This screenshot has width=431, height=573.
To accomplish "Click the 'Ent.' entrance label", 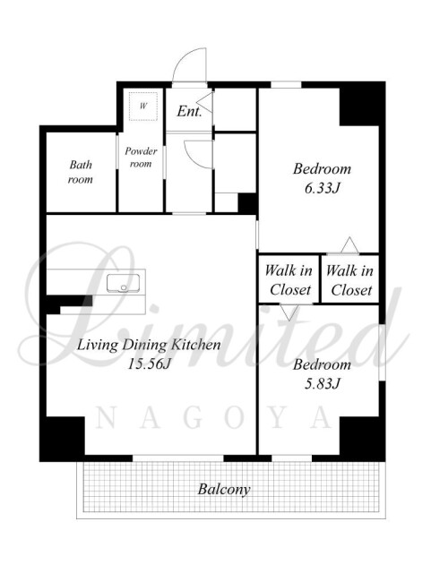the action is click(189, 111).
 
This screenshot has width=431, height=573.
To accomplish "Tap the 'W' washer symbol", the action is click(143, 107).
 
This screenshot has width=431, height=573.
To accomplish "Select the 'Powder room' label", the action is click(141, 158).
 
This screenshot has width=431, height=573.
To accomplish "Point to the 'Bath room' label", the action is click(81, 172).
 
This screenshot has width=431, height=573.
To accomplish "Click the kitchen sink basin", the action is click(124, 283).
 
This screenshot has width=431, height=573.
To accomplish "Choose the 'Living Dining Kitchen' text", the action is click(149, 345).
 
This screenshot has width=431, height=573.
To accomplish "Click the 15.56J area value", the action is click(150, 364).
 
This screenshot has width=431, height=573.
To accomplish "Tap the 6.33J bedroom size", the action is click(323, 189).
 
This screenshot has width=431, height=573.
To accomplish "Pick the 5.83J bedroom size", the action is click(323, 384).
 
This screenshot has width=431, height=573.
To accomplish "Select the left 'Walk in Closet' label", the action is click(289, 280).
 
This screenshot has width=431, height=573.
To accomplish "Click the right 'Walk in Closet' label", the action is click(349, 280).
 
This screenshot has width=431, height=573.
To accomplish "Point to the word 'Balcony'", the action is click(224, 489).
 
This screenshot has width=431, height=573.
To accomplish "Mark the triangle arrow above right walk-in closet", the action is click(349, 244).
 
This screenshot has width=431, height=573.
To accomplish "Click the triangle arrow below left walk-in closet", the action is click(289, 312).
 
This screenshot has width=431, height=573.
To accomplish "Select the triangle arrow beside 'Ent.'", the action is click(205, 102).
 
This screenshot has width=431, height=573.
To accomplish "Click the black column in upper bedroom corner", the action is click(359, 107).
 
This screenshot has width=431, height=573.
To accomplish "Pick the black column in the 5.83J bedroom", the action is click(359, 436).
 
